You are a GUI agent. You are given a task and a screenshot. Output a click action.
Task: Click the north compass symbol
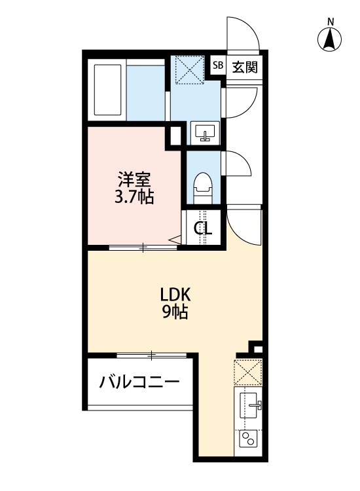[x=331, y=41]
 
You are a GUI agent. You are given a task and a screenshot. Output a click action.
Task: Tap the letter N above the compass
[x=331, y=22]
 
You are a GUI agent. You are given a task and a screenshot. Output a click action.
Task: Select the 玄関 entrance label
[x=243, y=66]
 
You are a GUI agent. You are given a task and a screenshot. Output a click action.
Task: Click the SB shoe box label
[x=217, y=65]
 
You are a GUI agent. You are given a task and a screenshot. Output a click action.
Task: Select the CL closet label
[x=204, y=228]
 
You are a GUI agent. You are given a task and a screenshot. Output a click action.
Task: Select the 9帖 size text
[x=175, y=312]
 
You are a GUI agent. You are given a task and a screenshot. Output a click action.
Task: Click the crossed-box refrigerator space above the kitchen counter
[x=248, y=373]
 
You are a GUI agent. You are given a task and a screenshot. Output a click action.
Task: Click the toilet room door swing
[x=237, y=164]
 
